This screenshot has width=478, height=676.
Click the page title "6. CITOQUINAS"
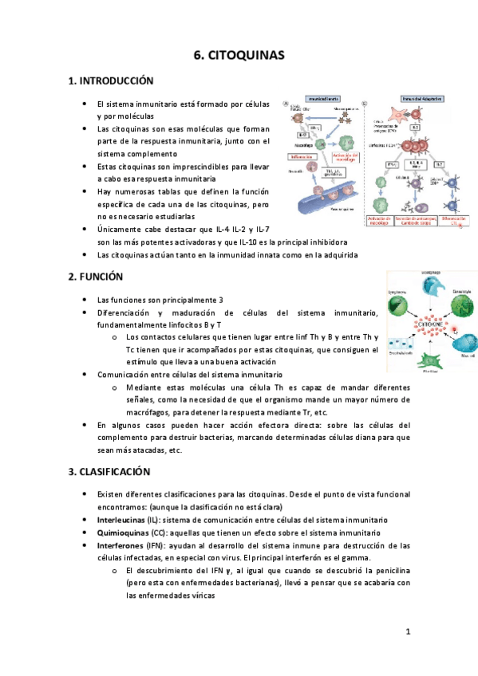(239, 55)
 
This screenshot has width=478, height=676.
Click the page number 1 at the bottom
(408, 632)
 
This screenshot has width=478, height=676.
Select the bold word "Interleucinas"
(120, 519)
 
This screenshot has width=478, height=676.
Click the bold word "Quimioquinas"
(121, 533)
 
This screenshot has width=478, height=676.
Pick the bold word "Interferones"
(120, 545)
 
